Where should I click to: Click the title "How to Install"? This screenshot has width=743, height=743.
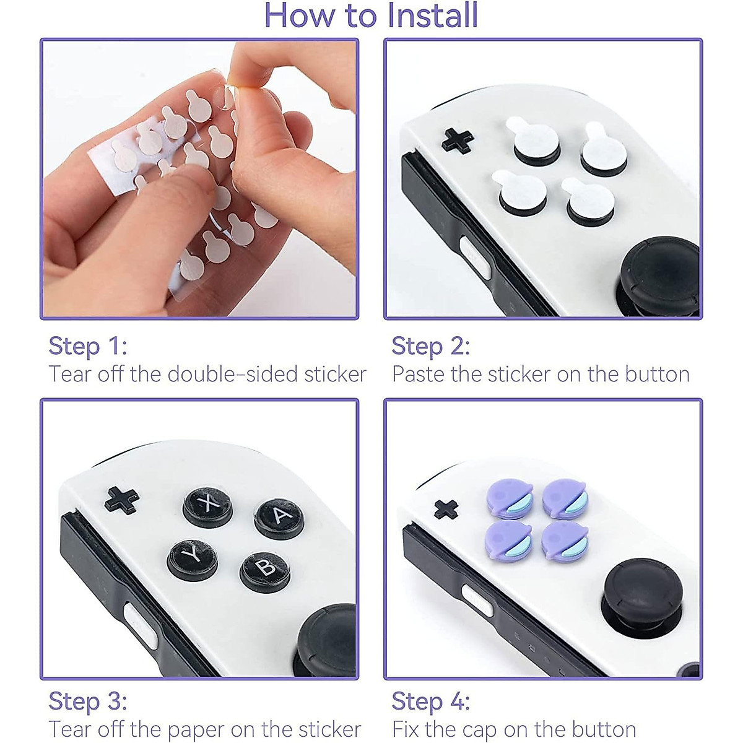[371, 15]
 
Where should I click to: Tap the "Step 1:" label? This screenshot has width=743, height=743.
[87, 345]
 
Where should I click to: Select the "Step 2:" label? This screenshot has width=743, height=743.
[430, 345]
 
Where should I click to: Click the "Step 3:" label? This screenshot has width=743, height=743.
[87, 701]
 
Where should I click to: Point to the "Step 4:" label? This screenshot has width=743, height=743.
[430, 701]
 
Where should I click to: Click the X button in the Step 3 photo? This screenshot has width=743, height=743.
[208, 506]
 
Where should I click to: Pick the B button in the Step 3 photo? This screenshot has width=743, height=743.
[265, 568]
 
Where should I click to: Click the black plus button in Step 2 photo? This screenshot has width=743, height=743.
[458, 140]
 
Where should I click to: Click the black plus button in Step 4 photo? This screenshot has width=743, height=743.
[446, 509]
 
